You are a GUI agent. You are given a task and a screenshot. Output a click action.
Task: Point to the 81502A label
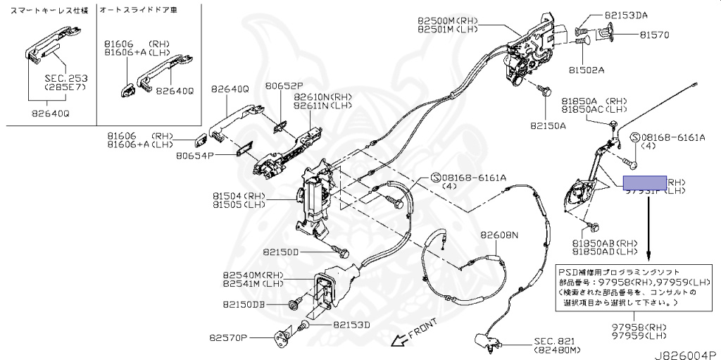587,70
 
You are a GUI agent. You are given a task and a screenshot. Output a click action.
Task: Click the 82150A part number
548,126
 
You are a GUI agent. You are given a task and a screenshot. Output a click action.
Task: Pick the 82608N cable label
499,235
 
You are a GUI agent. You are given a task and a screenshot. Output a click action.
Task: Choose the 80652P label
284,87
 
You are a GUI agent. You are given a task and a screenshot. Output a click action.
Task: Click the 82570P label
228,338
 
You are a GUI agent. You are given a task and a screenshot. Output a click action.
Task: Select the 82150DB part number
244,304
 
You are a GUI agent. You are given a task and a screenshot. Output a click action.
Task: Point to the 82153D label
351,325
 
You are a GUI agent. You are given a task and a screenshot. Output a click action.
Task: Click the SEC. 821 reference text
558,340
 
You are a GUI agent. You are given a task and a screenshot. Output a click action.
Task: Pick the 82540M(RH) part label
253,275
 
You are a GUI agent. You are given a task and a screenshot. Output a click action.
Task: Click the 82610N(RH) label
322,97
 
